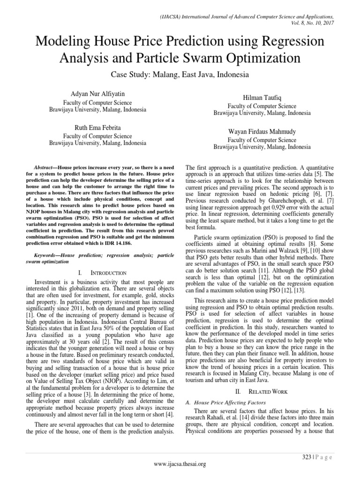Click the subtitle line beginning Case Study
click(x=180, y=75)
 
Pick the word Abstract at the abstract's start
click(x=46, y=167)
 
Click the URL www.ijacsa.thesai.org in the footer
click(x=180, y=464)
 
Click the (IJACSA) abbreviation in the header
click(x=170, y=15)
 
